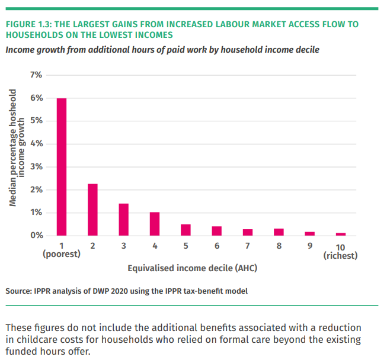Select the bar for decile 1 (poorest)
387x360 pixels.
point(62,167)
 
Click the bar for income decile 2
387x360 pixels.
point(92,210)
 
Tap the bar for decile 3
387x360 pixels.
point(123,220)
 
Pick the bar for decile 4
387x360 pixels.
point(155,224)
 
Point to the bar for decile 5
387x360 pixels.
point(185,230)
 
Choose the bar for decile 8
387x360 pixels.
point(279,232)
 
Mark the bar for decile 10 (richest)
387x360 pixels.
point(341,234)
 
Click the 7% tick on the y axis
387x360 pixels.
point(36,75)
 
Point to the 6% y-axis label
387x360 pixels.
point(36,98)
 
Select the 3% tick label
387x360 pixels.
point(36,167)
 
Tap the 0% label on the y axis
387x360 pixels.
point(36,236)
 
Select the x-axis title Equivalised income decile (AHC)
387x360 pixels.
point(193,268)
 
